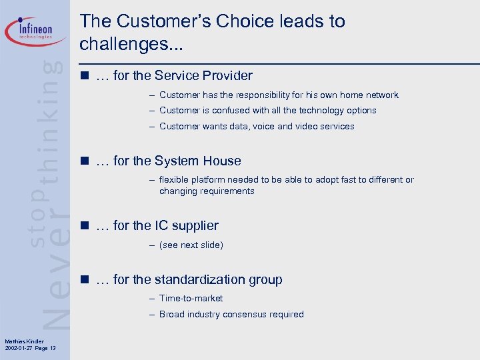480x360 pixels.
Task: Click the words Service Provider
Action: [203, 75]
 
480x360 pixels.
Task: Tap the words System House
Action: [197, 161]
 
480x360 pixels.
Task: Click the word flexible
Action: [175, 179]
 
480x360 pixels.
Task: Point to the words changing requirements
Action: [207, 191]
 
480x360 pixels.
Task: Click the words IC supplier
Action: [186, 226]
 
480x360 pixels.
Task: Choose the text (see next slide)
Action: [191, 245]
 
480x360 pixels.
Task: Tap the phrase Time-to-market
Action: [191, 299]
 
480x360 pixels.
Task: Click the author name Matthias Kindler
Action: [23, 342]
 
